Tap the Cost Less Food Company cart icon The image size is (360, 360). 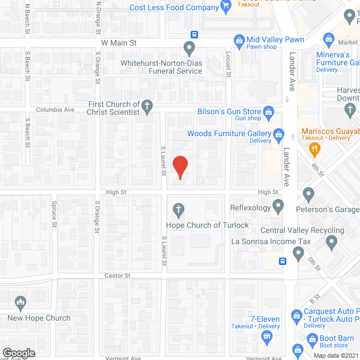click(226, 7)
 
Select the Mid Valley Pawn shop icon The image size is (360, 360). click(239, 40)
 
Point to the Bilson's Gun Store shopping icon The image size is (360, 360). click(268, 112)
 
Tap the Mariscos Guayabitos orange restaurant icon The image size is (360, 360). click(314, 149)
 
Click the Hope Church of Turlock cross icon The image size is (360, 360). click(179, 210)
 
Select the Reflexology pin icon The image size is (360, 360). click(278, 208)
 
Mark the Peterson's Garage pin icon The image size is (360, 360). click(308, 195)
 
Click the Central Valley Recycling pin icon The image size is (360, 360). click(331, 243)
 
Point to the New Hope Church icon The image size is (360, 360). click(21, 304)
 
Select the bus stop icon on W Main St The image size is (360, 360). click(193, 34)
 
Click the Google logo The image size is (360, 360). click(18, 353)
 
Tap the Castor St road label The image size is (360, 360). click(118, 276)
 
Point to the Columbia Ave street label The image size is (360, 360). click(55, 110)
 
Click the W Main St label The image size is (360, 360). click(119, 43)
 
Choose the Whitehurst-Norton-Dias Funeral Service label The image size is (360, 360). click(161, 67)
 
